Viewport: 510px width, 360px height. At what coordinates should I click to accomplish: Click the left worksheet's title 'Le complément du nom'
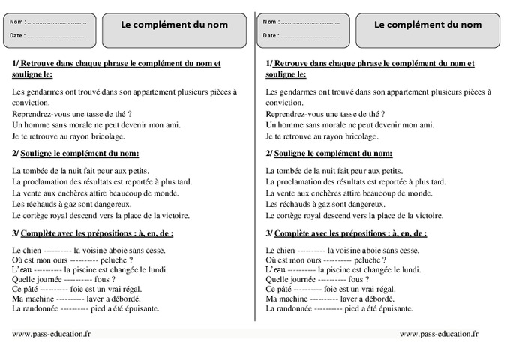[x=174, y=25]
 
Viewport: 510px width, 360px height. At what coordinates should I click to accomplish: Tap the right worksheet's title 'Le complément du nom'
[x=427, y=25]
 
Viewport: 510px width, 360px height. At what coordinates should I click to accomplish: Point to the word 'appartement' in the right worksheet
[x=402, y=91]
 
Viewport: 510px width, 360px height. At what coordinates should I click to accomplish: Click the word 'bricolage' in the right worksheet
[x=359, y=136]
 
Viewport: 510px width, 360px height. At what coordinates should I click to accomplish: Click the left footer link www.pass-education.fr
[x=52, y=333]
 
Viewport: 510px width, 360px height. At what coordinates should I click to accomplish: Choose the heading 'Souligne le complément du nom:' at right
[x=333, y=154]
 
